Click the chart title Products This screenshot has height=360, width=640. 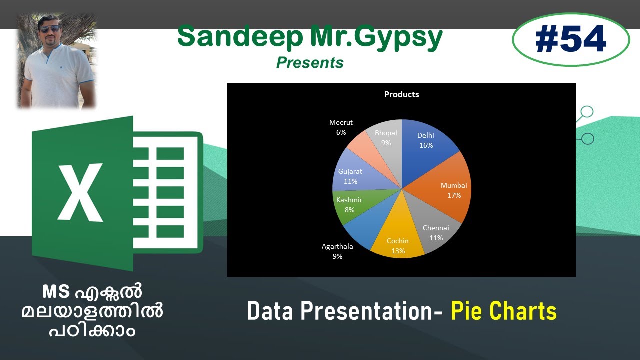(x=401, y=94)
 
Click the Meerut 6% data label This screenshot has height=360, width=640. (x=341, y=127)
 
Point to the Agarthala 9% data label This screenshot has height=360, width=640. (x=337, y=251)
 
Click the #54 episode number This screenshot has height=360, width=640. (x=570, y=40)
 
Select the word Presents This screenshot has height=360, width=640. (x=310, y=62)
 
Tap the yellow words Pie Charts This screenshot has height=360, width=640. (x=503, y=311)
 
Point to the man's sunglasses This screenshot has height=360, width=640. (x=50, y=29)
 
